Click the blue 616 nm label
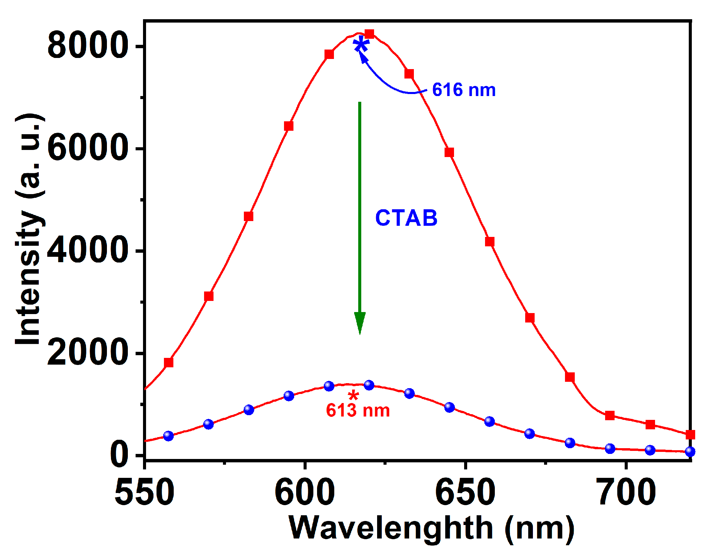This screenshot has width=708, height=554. (x=463, y=90)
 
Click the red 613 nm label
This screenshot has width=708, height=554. (x=358, y=411)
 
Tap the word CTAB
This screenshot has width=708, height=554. (x=406, y=218)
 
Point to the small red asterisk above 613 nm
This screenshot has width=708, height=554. (x=353, y=395)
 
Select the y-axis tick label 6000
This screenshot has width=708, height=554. (x=88, y=148)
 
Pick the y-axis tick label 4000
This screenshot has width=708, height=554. (x=88, y=251)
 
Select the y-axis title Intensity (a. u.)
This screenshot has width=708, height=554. (x=30, y=229)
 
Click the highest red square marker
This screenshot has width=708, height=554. (x=369, y=34)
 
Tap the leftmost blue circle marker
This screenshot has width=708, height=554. (x=168, y=436)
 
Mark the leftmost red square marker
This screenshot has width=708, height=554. (x=169, y=363)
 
